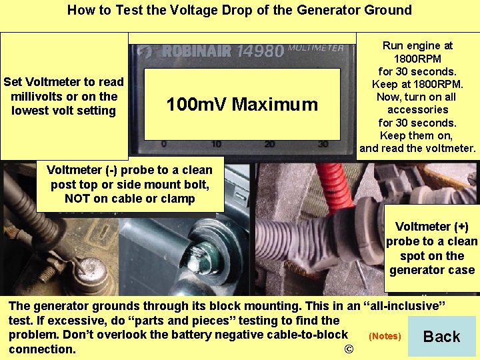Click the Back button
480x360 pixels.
click(x=441, y=337)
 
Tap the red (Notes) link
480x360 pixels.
click(x=385, y=337)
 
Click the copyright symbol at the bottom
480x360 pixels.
click(x=347, y=349)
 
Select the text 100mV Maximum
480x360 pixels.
click(x=242, y=105)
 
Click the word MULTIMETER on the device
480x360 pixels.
click(x=317, y=49)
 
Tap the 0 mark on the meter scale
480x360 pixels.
click(x=164, y=144)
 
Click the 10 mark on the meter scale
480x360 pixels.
click(x=216, y=144)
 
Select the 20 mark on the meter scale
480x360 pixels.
click(x=269, y=144)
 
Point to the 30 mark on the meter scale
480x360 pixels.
click(x=323, y=144)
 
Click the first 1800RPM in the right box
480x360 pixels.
click(x=417, y=59)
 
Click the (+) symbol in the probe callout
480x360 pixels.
click(x=460, y=227)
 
